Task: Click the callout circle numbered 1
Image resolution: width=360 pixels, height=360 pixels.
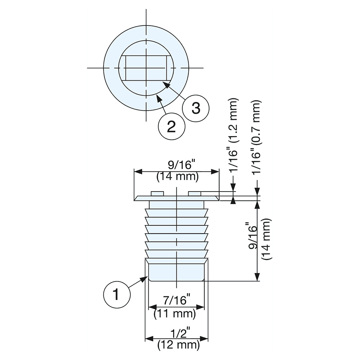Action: point(117,294)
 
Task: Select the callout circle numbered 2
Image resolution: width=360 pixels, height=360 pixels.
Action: point(171,126)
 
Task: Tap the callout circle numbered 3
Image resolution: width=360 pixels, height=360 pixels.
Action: point(195,108)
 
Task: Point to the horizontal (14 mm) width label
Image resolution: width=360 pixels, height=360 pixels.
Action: point(176,177)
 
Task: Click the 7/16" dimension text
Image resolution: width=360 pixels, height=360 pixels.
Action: point(176,300)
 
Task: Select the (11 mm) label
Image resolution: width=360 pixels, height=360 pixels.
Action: point(175,314)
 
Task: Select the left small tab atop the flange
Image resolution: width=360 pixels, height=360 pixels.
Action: point(157,194)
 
